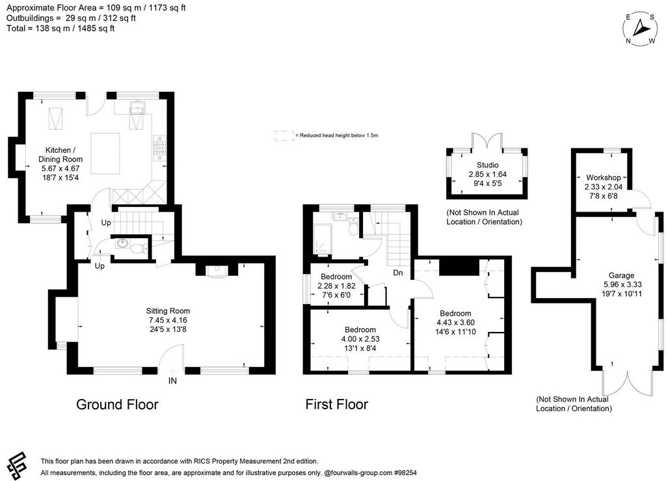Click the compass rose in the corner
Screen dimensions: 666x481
coord(640,29)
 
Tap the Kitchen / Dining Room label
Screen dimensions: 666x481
coord(60,155)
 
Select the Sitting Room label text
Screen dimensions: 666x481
coord(168,310)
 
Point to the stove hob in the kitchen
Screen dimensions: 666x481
coord(160,148)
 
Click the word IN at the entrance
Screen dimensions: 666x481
coord(172,381)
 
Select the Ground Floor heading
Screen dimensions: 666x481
coord(117,404)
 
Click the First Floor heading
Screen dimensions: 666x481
coord(337,404)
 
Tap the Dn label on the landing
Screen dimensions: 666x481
coord(398,272)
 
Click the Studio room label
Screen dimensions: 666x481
coord(488,165)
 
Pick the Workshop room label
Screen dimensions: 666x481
coord(604,177)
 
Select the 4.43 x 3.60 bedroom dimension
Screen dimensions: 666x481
coord(455,322)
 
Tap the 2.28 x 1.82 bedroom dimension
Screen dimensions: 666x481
coord(336,286)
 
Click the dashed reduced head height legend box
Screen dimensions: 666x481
coord(285,135)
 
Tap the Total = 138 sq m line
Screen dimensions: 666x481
coord(60,29)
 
